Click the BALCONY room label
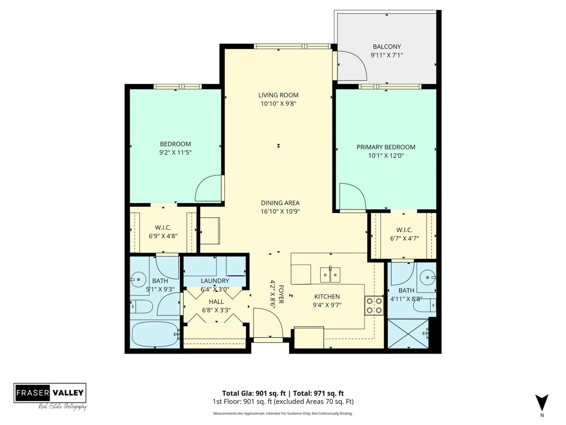pos(387,47)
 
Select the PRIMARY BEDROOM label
pos(386,147)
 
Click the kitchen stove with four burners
pos(374,306)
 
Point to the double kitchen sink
pos(330,275)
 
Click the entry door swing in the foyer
pos(267,323)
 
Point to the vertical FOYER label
pos(281,294)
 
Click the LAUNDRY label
pos(215,281)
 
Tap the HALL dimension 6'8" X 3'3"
pos(216,310)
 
